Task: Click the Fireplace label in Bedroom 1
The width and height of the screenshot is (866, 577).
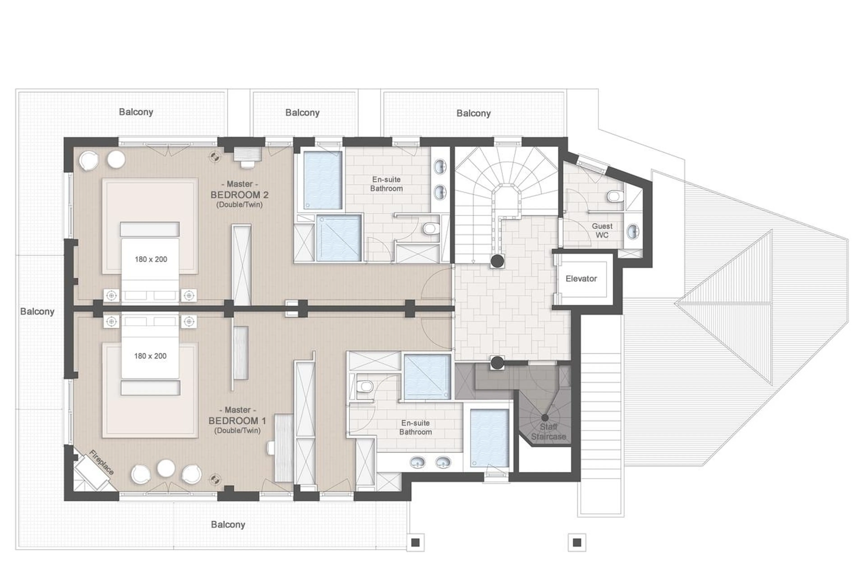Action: pyautogui.click(x=101, y=462)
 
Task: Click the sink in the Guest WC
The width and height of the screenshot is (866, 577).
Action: pyautogui.click(x=633, y=232)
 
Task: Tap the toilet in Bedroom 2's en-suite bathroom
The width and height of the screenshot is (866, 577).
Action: pyautogui.click(x=430, y=229)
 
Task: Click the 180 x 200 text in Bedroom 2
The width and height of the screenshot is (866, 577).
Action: pyautogui.click(x=150, y=260)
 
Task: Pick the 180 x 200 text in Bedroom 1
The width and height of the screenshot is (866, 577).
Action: pyautogui.click(x=150, y=356)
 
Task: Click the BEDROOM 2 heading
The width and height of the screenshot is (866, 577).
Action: pyautogui.click(x=239, y=195)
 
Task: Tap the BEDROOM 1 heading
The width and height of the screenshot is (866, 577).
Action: pyautogui.click(x=237, y=421)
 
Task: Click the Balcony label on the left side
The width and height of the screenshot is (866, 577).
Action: pyautogui.click(x=37, y=311)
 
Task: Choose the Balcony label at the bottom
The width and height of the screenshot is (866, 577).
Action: pyautogui.click(x=228, y=524)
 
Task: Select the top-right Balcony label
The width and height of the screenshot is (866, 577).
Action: pyautogui.click(x=473, y=113)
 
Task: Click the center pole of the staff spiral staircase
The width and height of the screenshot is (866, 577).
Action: pyautogui.click(x=545, y=418)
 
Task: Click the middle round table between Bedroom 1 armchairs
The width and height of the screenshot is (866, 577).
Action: pyautogui.click(x=166, y=468)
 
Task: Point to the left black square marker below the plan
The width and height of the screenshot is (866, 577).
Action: pyautogui.click(x=415, y=543)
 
